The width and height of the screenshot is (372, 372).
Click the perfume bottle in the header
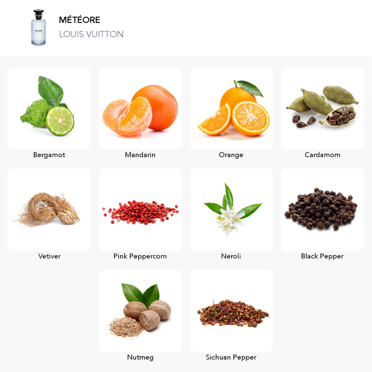38,27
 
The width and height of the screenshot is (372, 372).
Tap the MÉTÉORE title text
80,20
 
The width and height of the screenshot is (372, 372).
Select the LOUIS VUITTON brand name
91,34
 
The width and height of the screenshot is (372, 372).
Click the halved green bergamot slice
60,121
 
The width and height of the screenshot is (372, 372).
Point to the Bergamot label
49,155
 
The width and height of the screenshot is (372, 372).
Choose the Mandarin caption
140,155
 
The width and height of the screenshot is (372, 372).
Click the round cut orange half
250,119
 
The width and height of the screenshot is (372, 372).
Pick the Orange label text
231,155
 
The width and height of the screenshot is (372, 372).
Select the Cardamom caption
323,155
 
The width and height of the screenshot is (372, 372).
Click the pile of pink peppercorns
140,212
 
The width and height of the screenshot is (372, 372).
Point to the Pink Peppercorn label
140,256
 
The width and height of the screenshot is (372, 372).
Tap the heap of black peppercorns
321,208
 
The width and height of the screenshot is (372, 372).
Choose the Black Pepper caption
322,256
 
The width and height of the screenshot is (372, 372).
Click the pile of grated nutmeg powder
125,327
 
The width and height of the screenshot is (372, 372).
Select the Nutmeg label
140,357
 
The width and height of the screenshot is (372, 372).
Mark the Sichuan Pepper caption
231,357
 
